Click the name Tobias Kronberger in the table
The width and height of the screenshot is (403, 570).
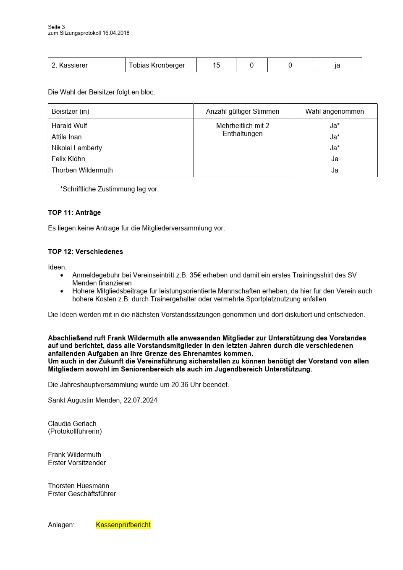point(157,65)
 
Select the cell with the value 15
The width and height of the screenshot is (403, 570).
point(216,65)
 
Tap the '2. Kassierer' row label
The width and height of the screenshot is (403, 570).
point(70,65)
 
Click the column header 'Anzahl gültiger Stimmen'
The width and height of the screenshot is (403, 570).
point(243,111)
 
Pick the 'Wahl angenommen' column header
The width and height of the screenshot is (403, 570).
point(335,111)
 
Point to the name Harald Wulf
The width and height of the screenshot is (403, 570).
point(69,126)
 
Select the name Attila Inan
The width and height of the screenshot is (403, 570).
point(67,137)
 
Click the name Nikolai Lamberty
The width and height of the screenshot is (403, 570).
point(77,148)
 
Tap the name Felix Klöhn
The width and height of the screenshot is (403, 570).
point(68,159)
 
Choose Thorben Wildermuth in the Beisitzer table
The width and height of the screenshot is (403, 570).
point(82,170)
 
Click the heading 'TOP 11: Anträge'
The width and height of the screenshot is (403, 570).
point(74,212)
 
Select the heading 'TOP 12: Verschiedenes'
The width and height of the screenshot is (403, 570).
point(85,251)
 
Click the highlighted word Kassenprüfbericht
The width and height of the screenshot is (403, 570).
point(123,525)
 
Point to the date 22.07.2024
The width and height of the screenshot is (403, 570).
point(140,400)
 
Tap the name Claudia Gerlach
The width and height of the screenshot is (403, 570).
point(72,424)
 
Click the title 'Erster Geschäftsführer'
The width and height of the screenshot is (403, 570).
point(82,494)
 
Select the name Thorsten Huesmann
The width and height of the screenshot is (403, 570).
point(79,486)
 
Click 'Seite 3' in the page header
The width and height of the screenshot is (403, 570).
point(56,27)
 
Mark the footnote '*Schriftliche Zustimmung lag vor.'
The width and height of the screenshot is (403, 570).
point(109,189)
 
